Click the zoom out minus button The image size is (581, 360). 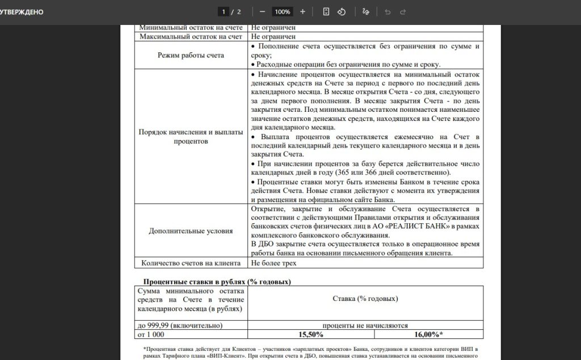click(x=262, y=11)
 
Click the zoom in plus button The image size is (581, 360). click(x=302, y=11)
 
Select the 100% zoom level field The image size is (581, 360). click(x=282, y=11)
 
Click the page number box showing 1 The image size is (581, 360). click(x=224, y=11)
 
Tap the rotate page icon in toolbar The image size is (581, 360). click(x=342, y=11)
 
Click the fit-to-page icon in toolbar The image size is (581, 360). click(x=326, y=11)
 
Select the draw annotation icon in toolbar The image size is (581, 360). click(x=366, y=11)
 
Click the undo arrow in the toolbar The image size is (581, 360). click(x=388, y=11)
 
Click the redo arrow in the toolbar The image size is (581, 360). click(x=403, y=11)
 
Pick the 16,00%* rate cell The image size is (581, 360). click(x=429, y=334)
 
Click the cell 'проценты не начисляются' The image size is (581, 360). click(x=365, y=325)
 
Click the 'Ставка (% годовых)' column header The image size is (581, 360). click(x=365, y=299)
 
